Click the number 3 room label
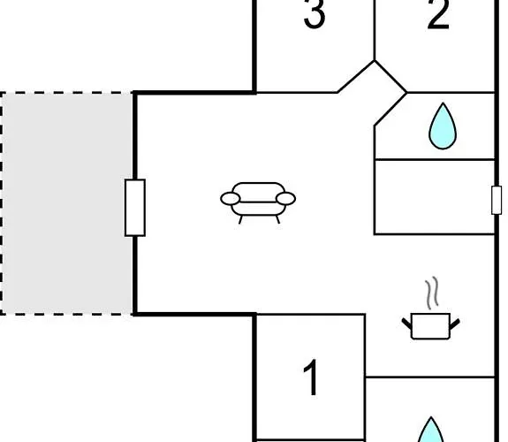[315, 13]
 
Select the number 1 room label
[311, 377]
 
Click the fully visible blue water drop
[443, 126]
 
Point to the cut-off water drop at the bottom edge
[431, 431]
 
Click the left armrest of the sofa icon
[231, 199]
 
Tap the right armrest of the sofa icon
[285, 199]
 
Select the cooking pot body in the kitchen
[430, 326]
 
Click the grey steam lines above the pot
[432, 293]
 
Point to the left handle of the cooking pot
[406, 324]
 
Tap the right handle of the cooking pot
[454, 324]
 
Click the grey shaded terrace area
[67, 203]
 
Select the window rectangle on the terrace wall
[135, 208]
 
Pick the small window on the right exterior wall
[497, 200]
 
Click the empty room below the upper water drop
[435, 197]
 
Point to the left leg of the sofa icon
[240, 219]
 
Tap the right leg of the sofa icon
[277, 219]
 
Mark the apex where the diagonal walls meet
[375, 61]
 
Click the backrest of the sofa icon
[258, 192]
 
